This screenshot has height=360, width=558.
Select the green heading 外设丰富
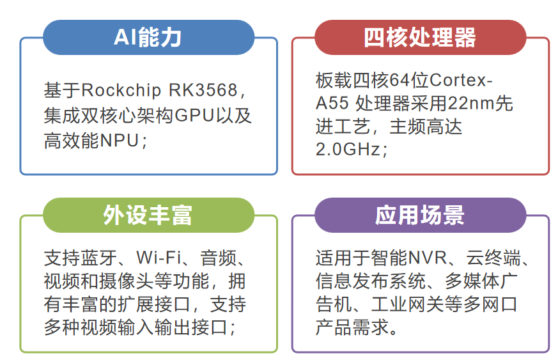click(x=148, y=215)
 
